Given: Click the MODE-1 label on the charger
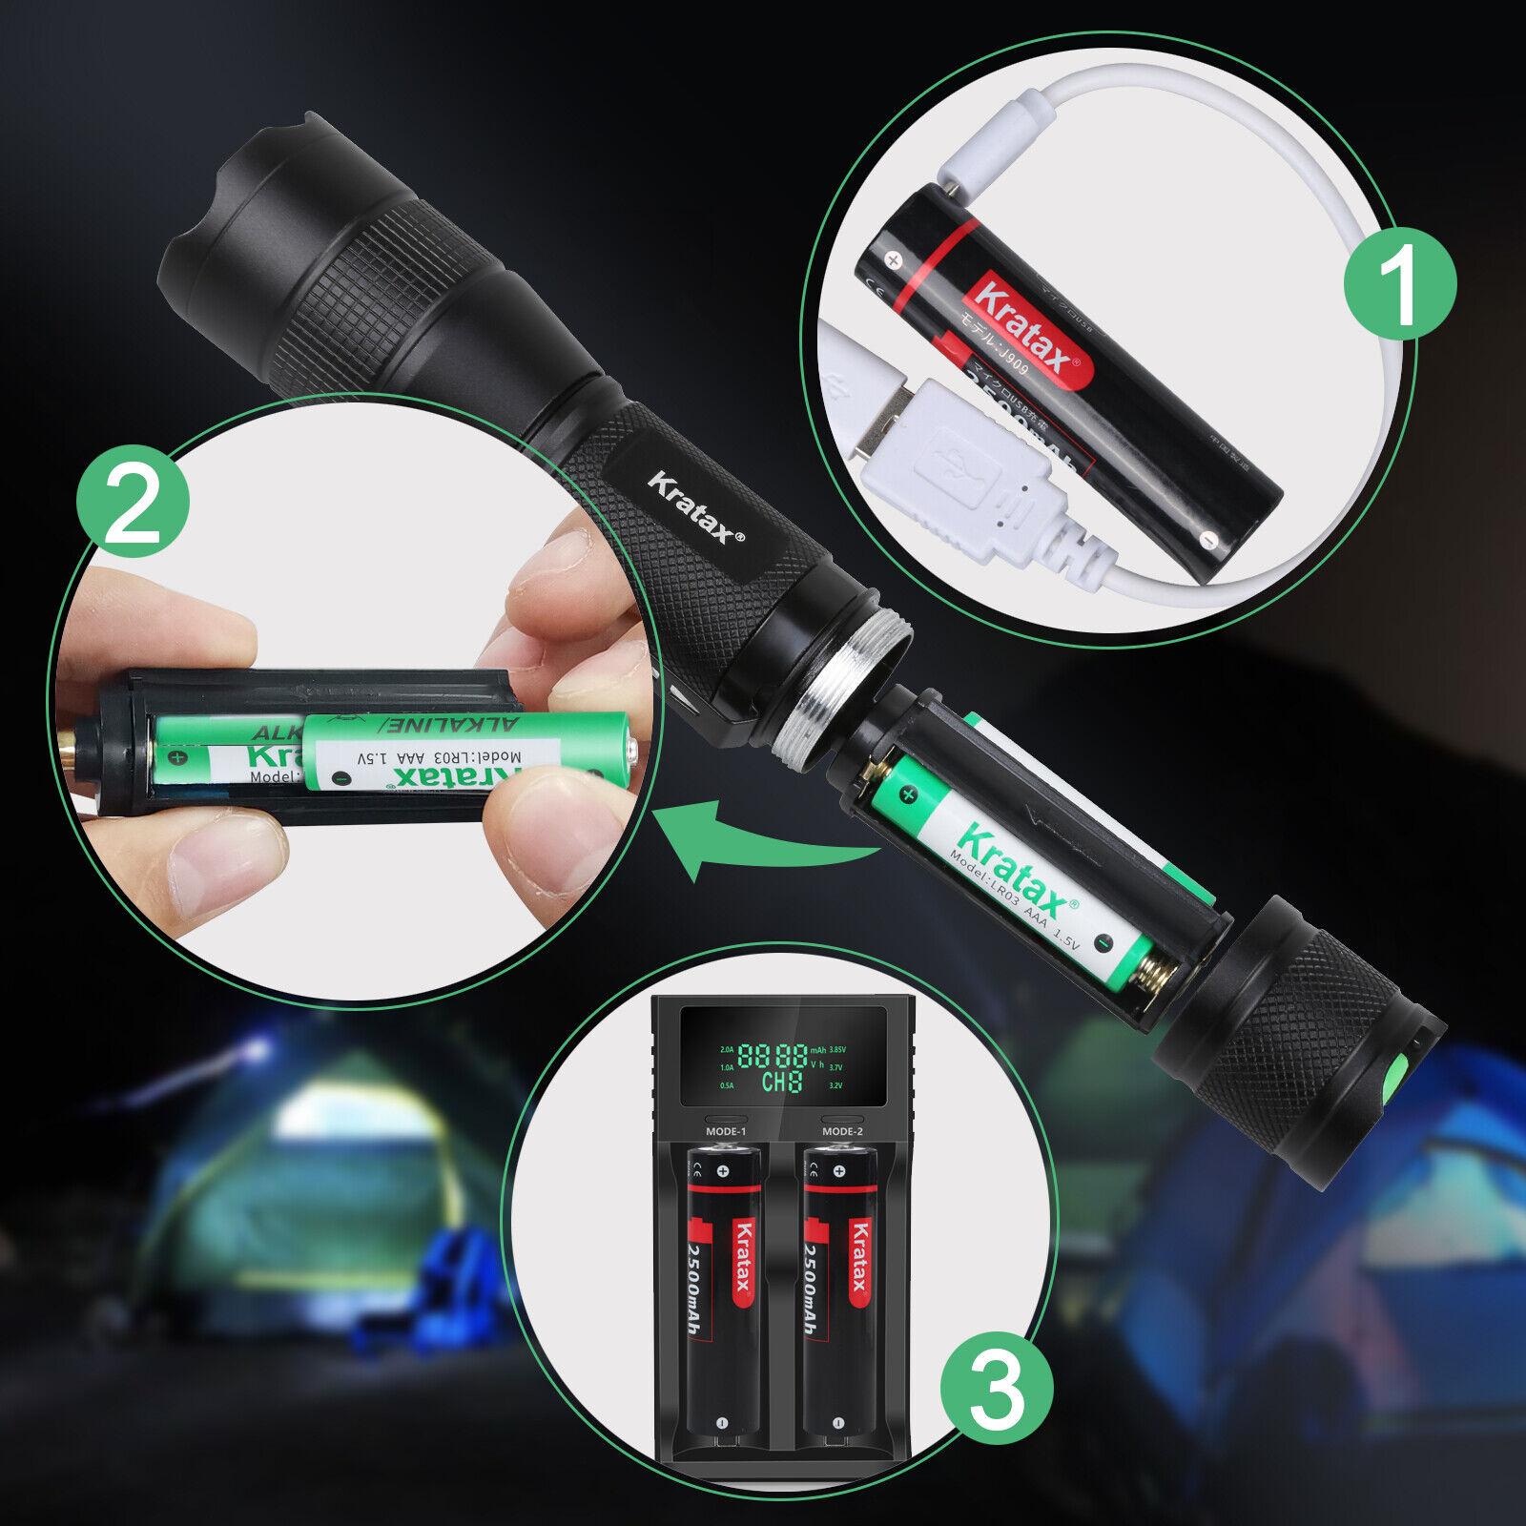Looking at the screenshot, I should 725,1131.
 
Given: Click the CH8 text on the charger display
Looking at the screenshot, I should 780,1082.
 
